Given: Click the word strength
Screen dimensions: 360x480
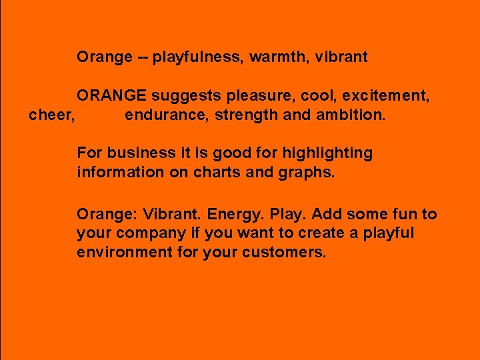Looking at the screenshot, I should tap(246, 115).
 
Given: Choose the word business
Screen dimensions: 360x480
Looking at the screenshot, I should tap(139, 153).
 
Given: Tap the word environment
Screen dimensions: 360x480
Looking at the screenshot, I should tap(125, 253).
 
